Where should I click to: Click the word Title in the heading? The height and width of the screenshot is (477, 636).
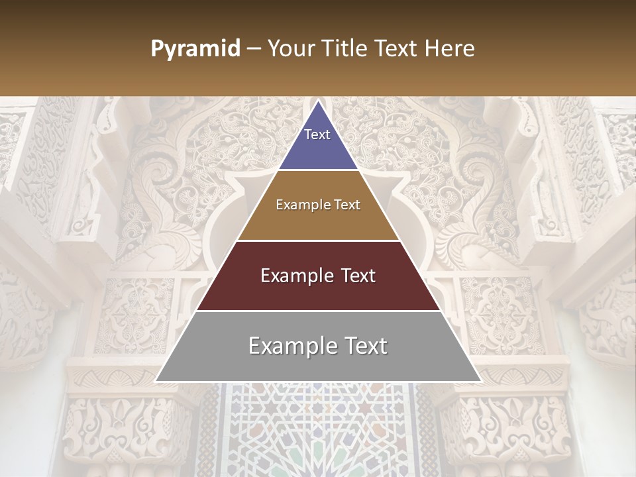(x=345, y=49)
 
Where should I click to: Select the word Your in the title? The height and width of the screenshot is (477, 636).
(x=291, y=49)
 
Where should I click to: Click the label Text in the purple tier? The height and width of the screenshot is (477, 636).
(x=317, y=134)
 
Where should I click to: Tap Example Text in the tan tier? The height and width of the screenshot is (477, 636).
(x=318, y=205)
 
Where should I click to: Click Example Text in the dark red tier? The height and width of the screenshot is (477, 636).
(x=318, y=276)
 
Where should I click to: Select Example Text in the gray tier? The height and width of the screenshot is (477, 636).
(x=318, y=346)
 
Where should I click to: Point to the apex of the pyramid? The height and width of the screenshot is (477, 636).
(x=318, y=101)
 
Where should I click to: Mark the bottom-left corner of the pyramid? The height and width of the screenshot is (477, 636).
(x=156, y=381)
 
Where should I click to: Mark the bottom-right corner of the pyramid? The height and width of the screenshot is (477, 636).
(x=480, y=381)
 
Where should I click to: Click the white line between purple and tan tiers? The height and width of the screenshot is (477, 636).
(x=318, y=170)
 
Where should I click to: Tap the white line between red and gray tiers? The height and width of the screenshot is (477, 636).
(x=318, y=311)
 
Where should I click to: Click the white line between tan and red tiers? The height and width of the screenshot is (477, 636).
(x=318, y=240)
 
